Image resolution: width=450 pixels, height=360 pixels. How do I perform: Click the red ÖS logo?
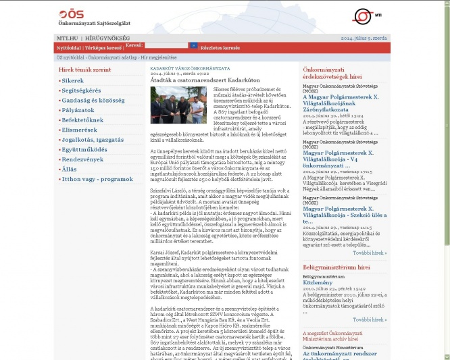click(x=68, y=14)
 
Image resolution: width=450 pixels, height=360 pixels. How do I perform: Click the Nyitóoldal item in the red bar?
click(x=68, y=48)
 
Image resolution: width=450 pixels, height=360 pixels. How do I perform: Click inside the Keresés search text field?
click(x=166, y=46)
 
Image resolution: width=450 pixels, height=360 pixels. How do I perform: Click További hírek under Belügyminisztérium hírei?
click(x=370, y=319)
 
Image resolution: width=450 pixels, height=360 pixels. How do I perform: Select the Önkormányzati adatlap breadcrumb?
click(x=112, y=58)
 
